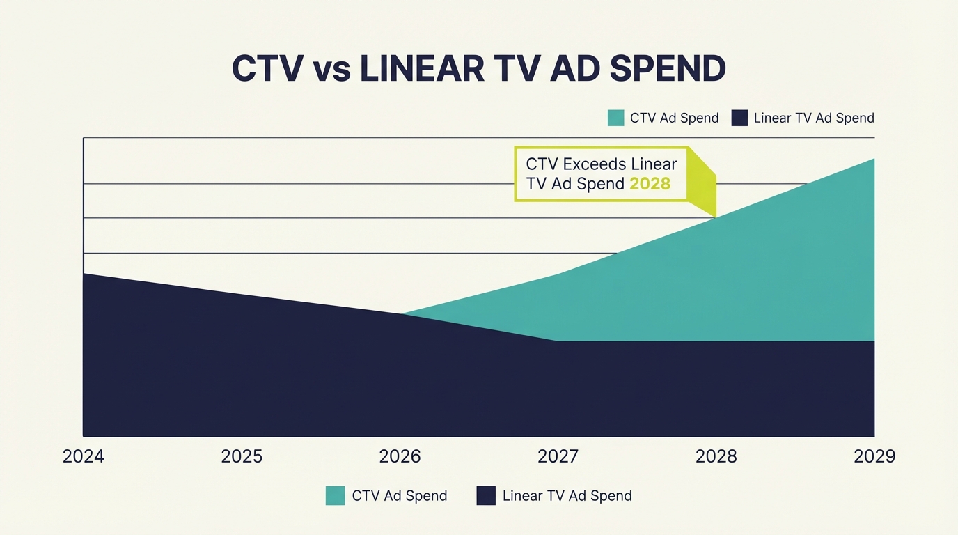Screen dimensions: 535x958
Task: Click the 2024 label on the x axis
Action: click(x=83, y=456)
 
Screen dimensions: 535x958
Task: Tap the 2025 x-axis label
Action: click(x=242, y=456)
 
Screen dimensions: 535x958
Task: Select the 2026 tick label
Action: click(x=400, y=456)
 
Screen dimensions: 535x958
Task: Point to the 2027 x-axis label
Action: click(x=558, y=456)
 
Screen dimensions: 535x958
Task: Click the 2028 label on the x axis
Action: click(x=716, y=456)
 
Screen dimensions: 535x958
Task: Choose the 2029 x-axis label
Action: click(x=874, y=456)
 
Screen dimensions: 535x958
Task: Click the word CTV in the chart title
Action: click(x=267, y=69)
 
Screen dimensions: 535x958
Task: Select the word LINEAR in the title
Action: click(x=423, y=69)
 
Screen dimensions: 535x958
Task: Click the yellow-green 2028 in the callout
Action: click(x=650, y=184)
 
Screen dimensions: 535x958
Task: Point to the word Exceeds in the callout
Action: click(x=595, y=164)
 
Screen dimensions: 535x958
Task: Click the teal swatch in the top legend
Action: click(x=615, y=118)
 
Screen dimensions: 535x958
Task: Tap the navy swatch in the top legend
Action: click(x=739, y=118)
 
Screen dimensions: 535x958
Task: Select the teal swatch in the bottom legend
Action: click(x=335, y=496)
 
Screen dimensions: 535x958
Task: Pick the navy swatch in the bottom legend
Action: click(x=485, y=496)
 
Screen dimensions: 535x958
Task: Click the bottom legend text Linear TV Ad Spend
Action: click(x=567, y=496)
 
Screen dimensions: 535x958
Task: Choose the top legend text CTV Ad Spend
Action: click(x=674, y=118)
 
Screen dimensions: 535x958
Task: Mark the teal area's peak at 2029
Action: click(x=873, y=160)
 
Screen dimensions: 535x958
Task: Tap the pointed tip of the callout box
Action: click(x=715, y=215)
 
